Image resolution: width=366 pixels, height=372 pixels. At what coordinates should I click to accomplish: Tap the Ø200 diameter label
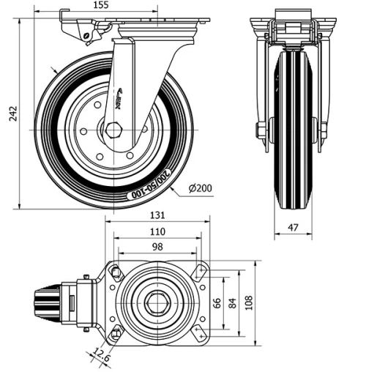[x=200, y=188]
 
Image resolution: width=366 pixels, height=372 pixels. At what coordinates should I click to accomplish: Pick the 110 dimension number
[x=157, y=231]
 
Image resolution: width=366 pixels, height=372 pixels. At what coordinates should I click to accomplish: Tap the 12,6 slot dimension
[x=102, y=357]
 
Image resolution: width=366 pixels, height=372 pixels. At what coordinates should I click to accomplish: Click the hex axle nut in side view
[x=115, y=133]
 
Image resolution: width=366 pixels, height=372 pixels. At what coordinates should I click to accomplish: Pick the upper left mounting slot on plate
[x=115, y=272]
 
